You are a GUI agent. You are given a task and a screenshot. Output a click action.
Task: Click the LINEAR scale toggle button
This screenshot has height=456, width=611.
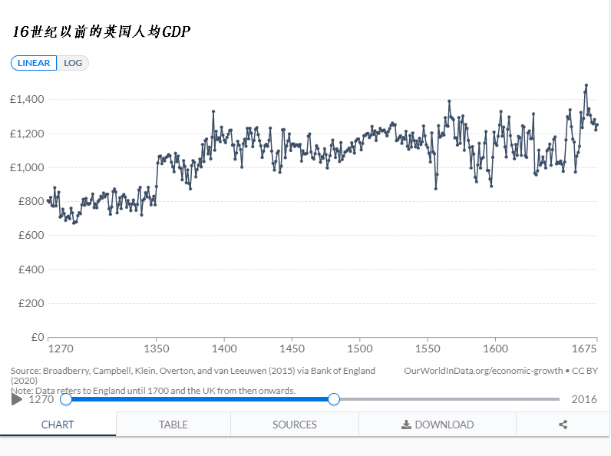point(34,63)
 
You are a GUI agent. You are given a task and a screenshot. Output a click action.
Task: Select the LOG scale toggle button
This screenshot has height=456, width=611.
point(73,63)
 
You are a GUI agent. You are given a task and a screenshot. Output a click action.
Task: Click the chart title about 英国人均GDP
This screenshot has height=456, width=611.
point(101,31)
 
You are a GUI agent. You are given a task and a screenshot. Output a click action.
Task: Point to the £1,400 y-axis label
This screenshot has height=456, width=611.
point(28,100)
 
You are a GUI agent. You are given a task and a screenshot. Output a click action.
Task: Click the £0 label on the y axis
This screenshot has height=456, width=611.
point(37,337)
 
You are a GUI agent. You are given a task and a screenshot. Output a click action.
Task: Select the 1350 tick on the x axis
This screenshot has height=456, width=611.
point(157,349)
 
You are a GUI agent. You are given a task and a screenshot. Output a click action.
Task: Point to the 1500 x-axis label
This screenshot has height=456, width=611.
point(359,349)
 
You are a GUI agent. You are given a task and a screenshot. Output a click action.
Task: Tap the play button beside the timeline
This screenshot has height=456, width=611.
point(17,399)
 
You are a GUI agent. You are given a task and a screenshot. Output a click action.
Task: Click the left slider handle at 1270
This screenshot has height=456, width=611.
point(66,399)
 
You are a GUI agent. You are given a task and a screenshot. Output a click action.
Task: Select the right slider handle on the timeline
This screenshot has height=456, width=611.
point(334,399)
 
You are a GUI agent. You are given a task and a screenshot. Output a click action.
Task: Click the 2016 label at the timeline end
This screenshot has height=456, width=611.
point(584,399)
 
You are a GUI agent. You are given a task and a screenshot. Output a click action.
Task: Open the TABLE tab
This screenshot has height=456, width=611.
point(173,425)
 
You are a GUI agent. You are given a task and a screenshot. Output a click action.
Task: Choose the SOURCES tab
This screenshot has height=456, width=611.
point(295,425)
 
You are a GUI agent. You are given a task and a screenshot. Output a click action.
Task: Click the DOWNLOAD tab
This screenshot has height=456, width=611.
point(438,425)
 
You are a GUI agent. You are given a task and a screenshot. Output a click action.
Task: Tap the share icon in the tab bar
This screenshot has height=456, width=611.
point(563,425)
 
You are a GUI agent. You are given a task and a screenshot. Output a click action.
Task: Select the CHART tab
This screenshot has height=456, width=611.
point(58,425)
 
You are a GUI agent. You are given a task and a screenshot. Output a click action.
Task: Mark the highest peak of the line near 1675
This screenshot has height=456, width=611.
point(586,85)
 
